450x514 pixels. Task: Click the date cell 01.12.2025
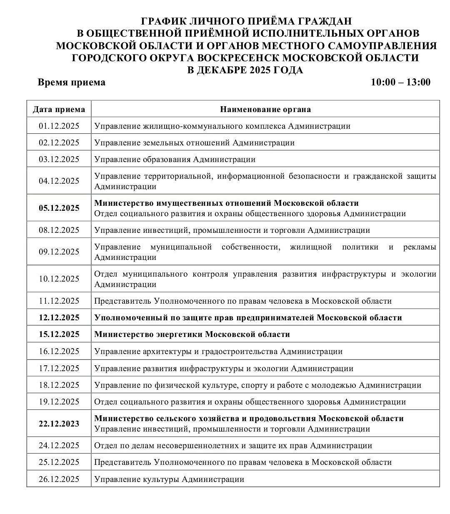(59, 126)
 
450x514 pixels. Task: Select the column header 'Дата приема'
(59, 110)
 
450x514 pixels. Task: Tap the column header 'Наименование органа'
(265, 110)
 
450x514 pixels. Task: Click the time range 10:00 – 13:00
(400, 82)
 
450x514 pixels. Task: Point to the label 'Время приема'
(72, 82)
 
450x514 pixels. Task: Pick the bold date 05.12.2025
(59, 208)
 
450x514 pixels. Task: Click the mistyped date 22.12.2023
(59, 424)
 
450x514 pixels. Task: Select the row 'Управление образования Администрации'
(175, 160)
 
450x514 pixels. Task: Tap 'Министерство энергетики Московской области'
(192, 334)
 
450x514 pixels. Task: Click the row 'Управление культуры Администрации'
(169, 479)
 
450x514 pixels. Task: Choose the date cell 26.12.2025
(59, 479)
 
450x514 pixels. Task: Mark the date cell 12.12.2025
(59, 318)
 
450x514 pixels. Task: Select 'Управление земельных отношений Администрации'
(195, 143)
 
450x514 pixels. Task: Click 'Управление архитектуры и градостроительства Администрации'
(218, 352)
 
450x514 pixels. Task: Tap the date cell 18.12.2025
(59, 385)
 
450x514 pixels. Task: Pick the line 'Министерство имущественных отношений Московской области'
(226, 203)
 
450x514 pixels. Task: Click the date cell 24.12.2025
(59, 445)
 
